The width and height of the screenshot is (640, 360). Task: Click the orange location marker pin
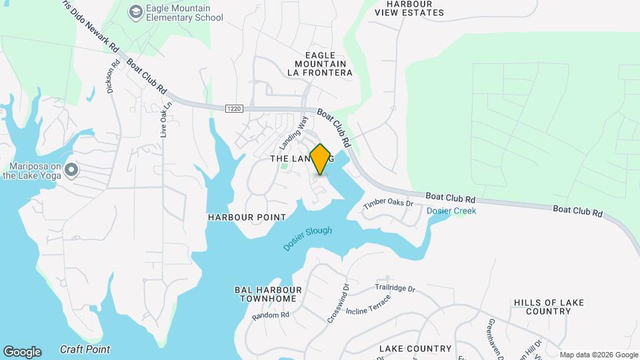pos(321,159)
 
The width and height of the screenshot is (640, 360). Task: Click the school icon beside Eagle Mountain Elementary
pos(137,12)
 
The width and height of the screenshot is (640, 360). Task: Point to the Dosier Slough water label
pos(307,239)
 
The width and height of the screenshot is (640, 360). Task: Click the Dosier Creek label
pos(451,211)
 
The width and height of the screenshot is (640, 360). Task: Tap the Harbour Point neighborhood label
pos(247,217)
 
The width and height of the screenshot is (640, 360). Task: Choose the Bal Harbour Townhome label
pos(268,294)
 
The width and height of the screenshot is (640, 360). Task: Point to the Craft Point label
pos(85,349)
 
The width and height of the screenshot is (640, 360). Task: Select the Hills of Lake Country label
pos(549,307)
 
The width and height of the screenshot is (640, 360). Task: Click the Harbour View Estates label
pos(418,8)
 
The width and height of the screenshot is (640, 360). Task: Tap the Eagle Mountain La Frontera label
pos(319,63)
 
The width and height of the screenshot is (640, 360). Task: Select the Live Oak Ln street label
pos(166,119)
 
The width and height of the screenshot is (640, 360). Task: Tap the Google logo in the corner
pos(22,352)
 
